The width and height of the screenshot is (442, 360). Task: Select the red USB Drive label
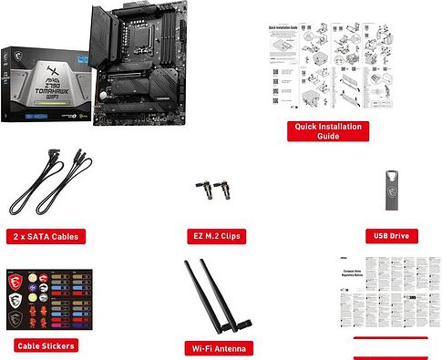[394, 236]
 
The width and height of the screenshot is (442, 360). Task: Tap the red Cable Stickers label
[46, 345]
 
